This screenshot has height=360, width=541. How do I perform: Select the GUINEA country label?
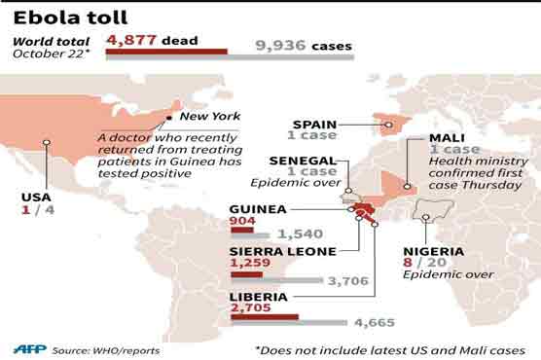(258, 208)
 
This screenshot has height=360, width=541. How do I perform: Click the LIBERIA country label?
(258, 296)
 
